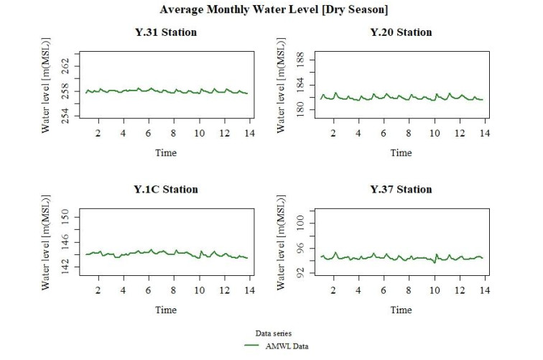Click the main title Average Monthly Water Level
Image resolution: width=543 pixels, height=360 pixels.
click(x=271, y=10)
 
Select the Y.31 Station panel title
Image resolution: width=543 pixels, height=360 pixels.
click(x=166, y=32)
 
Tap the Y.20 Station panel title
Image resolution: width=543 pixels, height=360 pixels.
click(x=401, y=32)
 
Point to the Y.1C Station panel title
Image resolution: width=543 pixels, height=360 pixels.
click(x=166, y=190)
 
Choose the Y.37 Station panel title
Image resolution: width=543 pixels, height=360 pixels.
click(x=401, y=190)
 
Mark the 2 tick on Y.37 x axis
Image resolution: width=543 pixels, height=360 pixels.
click(x=333, y=291)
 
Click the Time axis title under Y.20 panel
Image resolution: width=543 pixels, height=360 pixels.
click(x=401, y=152)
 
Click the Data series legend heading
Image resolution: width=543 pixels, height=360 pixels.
click(x=272, y=333)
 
